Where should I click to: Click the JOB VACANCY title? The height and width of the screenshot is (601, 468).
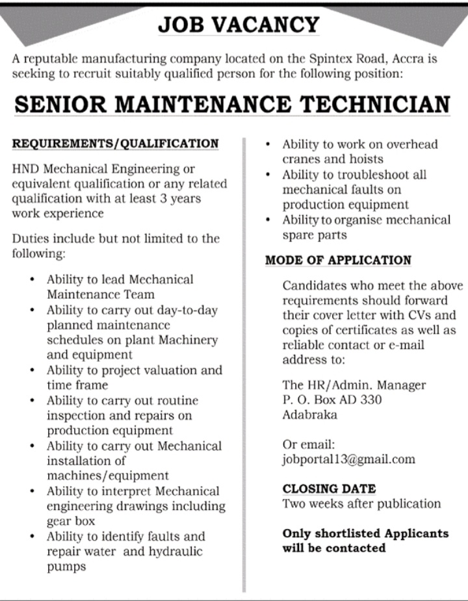click(x=239, y=25)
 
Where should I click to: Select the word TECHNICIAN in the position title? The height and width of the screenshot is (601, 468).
click(x=379, y=105)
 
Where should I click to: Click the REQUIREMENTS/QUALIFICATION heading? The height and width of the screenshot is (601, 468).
click(x=116, y=143)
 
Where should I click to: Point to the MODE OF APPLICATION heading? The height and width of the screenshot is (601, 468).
click(x=338, y=261)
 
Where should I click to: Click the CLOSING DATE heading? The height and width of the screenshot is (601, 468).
click(x=329, y=489)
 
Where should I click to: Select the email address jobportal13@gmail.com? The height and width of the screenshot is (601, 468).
click(x=348, y=459)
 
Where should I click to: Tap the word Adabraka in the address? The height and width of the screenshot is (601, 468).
click(x=310, y=415)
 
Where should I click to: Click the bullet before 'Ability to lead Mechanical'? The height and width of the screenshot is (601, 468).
click(x=32, y=279)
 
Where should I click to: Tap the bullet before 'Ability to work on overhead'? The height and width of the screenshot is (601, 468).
click(x=268, y=144)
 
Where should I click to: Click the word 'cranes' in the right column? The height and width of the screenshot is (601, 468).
click(x=301, y=159)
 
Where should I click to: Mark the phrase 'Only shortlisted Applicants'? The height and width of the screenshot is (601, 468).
click(x=365, y=533)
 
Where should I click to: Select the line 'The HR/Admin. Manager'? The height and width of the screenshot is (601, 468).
click(x=354, y=385)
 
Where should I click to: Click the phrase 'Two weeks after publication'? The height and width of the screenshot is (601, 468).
click(x=361, y=504)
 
